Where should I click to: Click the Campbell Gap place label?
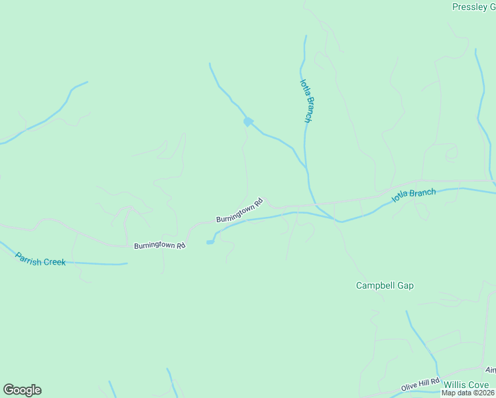[385, 286]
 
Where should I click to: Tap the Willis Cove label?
[465, 385]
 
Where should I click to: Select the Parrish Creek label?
[40, 257]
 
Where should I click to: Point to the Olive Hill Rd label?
[420, 385]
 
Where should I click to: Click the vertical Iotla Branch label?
[306, 101]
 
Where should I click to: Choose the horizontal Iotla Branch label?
[414, 196]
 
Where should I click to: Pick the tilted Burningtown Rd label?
[239, 210]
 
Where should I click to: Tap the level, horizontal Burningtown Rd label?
[160, 245]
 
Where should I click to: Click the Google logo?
[22, 390]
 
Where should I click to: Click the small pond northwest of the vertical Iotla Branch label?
[247, 121]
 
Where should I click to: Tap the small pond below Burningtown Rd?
[210, 242]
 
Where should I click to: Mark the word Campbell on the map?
[374, 286]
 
